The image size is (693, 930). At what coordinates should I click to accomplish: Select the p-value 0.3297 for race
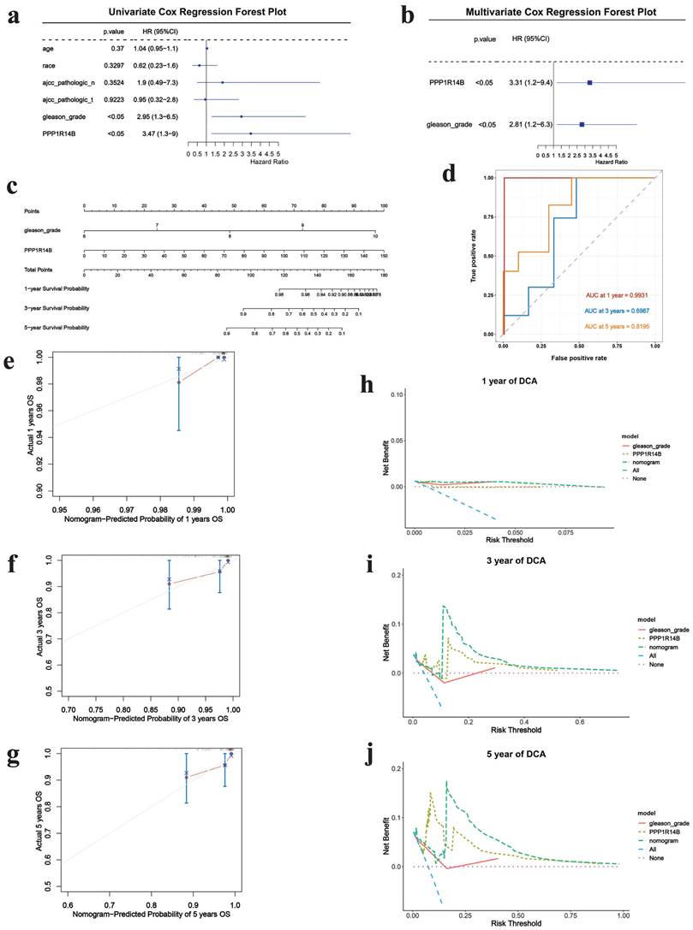point(114,64)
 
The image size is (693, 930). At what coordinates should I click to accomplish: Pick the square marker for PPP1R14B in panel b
point(589,83)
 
